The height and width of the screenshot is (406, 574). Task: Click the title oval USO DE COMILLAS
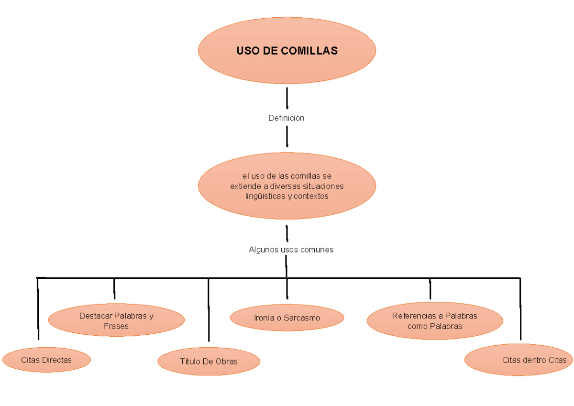coord(287,50)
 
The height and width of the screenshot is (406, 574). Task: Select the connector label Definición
coord(286,118)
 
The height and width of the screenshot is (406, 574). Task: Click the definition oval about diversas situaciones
coord(287,186)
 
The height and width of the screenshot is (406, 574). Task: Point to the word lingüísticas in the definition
coord(265,196)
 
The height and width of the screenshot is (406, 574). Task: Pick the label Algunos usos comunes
coord(291,250)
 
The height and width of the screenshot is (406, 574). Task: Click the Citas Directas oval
coord(46,360)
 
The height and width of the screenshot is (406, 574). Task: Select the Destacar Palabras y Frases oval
coord(116,321)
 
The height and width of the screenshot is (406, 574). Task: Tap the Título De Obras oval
coord(209,361)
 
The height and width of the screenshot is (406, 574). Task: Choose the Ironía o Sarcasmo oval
coord(287,318)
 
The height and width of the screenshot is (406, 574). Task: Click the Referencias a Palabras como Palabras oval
coord(435,321)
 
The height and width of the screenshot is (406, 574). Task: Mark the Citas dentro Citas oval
coord(519,360)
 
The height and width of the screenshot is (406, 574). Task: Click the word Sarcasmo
coord(301,318)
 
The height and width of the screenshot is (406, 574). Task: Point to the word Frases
coord(116,326)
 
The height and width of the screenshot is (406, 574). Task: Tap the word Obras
coord(226,361)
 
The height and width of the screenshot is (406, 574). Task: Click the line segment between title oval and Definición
coord(287,98)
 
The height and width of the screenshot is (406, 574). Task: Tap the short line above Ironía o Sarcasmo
coord(287,288)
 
